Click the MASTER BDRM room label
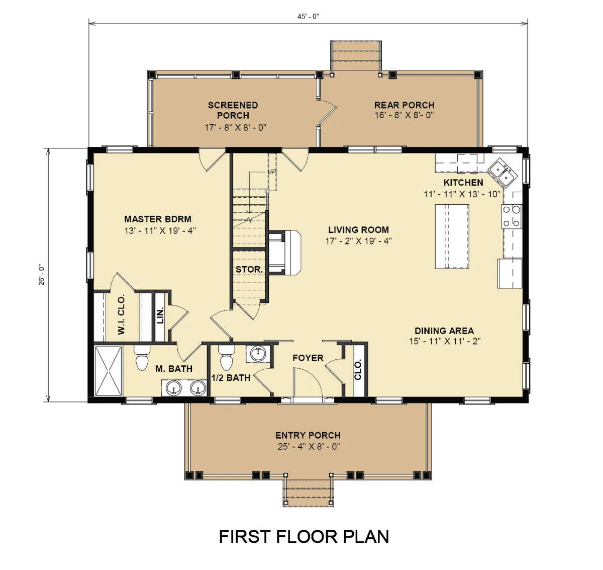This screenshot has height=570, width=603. click(x=158, y=219)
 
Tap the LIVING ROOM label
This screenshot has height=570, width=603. click(x=359, y=229)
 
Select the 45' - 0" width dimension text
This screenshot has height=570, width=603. click(x=308, y=17)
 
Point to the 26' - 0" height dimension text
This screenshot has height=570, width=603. click(x=42, y=275)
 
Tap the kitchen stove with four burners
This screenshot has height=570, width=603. click(x=512, y=216)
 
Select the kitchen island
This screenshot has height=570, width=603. click(x=452, y=236)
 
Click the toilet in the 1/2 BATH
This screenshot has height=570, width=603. click(x=227, y=357)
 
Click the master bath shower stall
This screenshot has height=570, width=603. click(x=109, y=371)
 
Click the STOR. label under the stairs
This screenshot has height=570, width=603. click(x=249, y=269)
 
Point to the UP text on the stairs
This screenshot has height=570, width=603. click(x=271, y=172)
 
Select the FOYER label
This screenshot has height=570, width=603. click(x=308, y=358)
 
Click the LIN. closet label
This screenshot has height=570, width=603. click(x=160, y=315)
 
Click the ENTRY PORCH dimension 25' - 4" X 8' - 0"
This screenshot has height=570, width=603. click(x=309, y=446)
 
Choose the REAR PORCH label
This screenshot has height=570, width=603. click(x=404, y=105)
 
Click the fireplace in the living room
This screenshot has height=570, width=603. click(x=284, y=253)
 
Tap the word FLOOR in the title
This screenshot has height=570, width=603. click(x=307, y=537)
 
